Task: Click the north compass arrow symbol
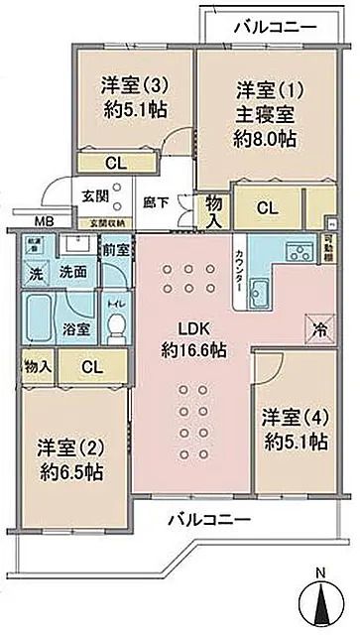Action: click(x=320, y=602)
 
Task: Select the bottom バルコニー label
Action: click(x=206, y=518)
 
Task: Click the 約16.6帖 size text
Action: click(x=192, y=349)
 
